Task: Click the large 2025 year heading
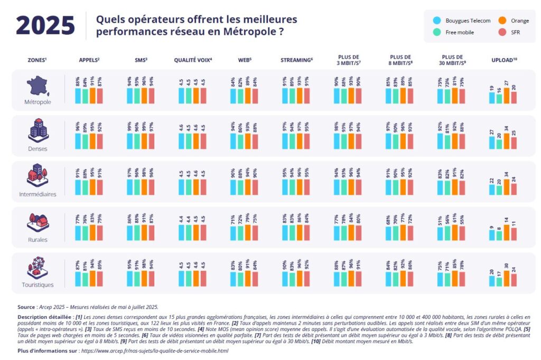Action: click(45, 25)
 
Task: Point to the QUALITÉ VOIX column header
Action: click(193, 60)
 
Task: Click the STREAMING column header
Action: click(296, 60)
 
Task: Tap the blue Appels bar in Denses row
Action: click(78, 141)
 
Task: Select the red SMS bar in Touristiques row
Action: click(152, 278)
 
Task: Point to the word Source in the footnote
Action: click(26, 306)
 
